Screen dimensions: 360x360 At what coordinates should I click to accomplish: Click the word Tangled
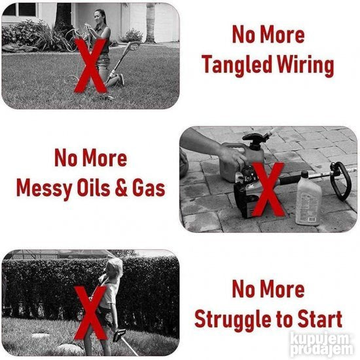click(238, 65)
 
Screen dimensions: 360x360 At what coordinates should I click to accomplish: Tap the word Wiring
click(306, 65)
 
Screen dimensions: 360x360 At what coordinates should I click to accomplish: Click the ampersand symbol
click(121, 188)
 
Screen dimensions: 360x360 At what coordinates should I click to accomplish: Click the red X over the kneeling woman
click(91, 66)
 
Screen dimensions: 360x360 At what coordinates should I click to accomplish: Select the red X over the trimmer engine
click(268, 190)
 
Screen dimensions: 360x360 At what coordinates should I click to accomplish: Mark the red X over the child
click(90, 313)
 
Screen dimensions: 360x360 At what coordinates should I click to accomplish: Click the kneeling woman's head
click(100, 16)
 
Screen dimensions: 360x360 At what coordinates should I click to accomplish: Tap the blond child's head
click(115, 268)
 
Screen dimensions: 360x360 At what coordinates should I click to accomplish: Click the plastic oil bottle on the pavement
click(308, 199)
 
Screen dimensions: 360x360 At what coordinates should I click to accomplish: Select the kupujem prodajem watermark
click(321, 344)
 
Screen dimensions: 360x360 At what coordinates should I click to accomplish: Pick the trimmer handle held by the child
click(118, 334)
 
